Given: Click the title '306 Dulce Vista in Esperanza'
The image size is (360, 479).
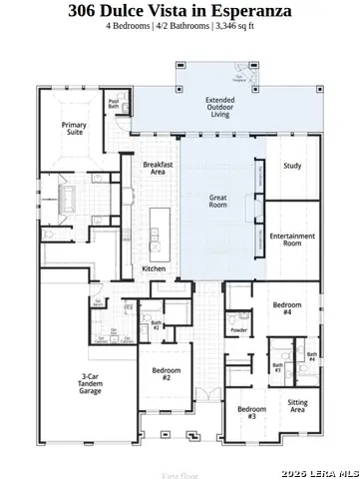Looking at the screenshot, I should tap(180, 11).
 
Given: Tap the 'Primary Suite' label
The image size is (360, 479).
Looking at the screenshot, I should tap(75, 128).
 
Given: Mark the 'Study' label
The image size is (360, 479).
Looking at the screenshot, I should tap(291, 166).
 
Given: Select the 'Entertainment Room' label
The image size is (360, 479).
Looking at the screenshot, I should tap(292, 239).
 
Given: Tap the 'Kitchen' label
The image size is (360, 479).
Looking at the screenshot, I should tap(153, 268).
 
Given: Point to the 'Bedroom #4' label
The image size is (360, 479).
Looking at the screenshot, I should tap(287, 309).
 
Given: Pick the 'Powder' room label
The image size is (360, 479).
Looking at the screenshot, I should tap(238, 329).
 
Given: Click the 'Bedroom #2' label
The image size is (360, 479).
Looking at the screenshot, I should tap(167, 374).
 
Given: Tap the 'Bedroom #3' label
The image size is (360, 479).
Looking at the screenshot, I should tap(251, 412).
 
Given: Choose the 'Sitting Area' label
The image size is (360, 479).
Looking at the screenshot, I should tap(297, 405).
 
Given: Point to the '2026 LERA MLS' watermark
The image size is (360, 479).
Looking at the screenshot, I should tap(319, 471).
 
